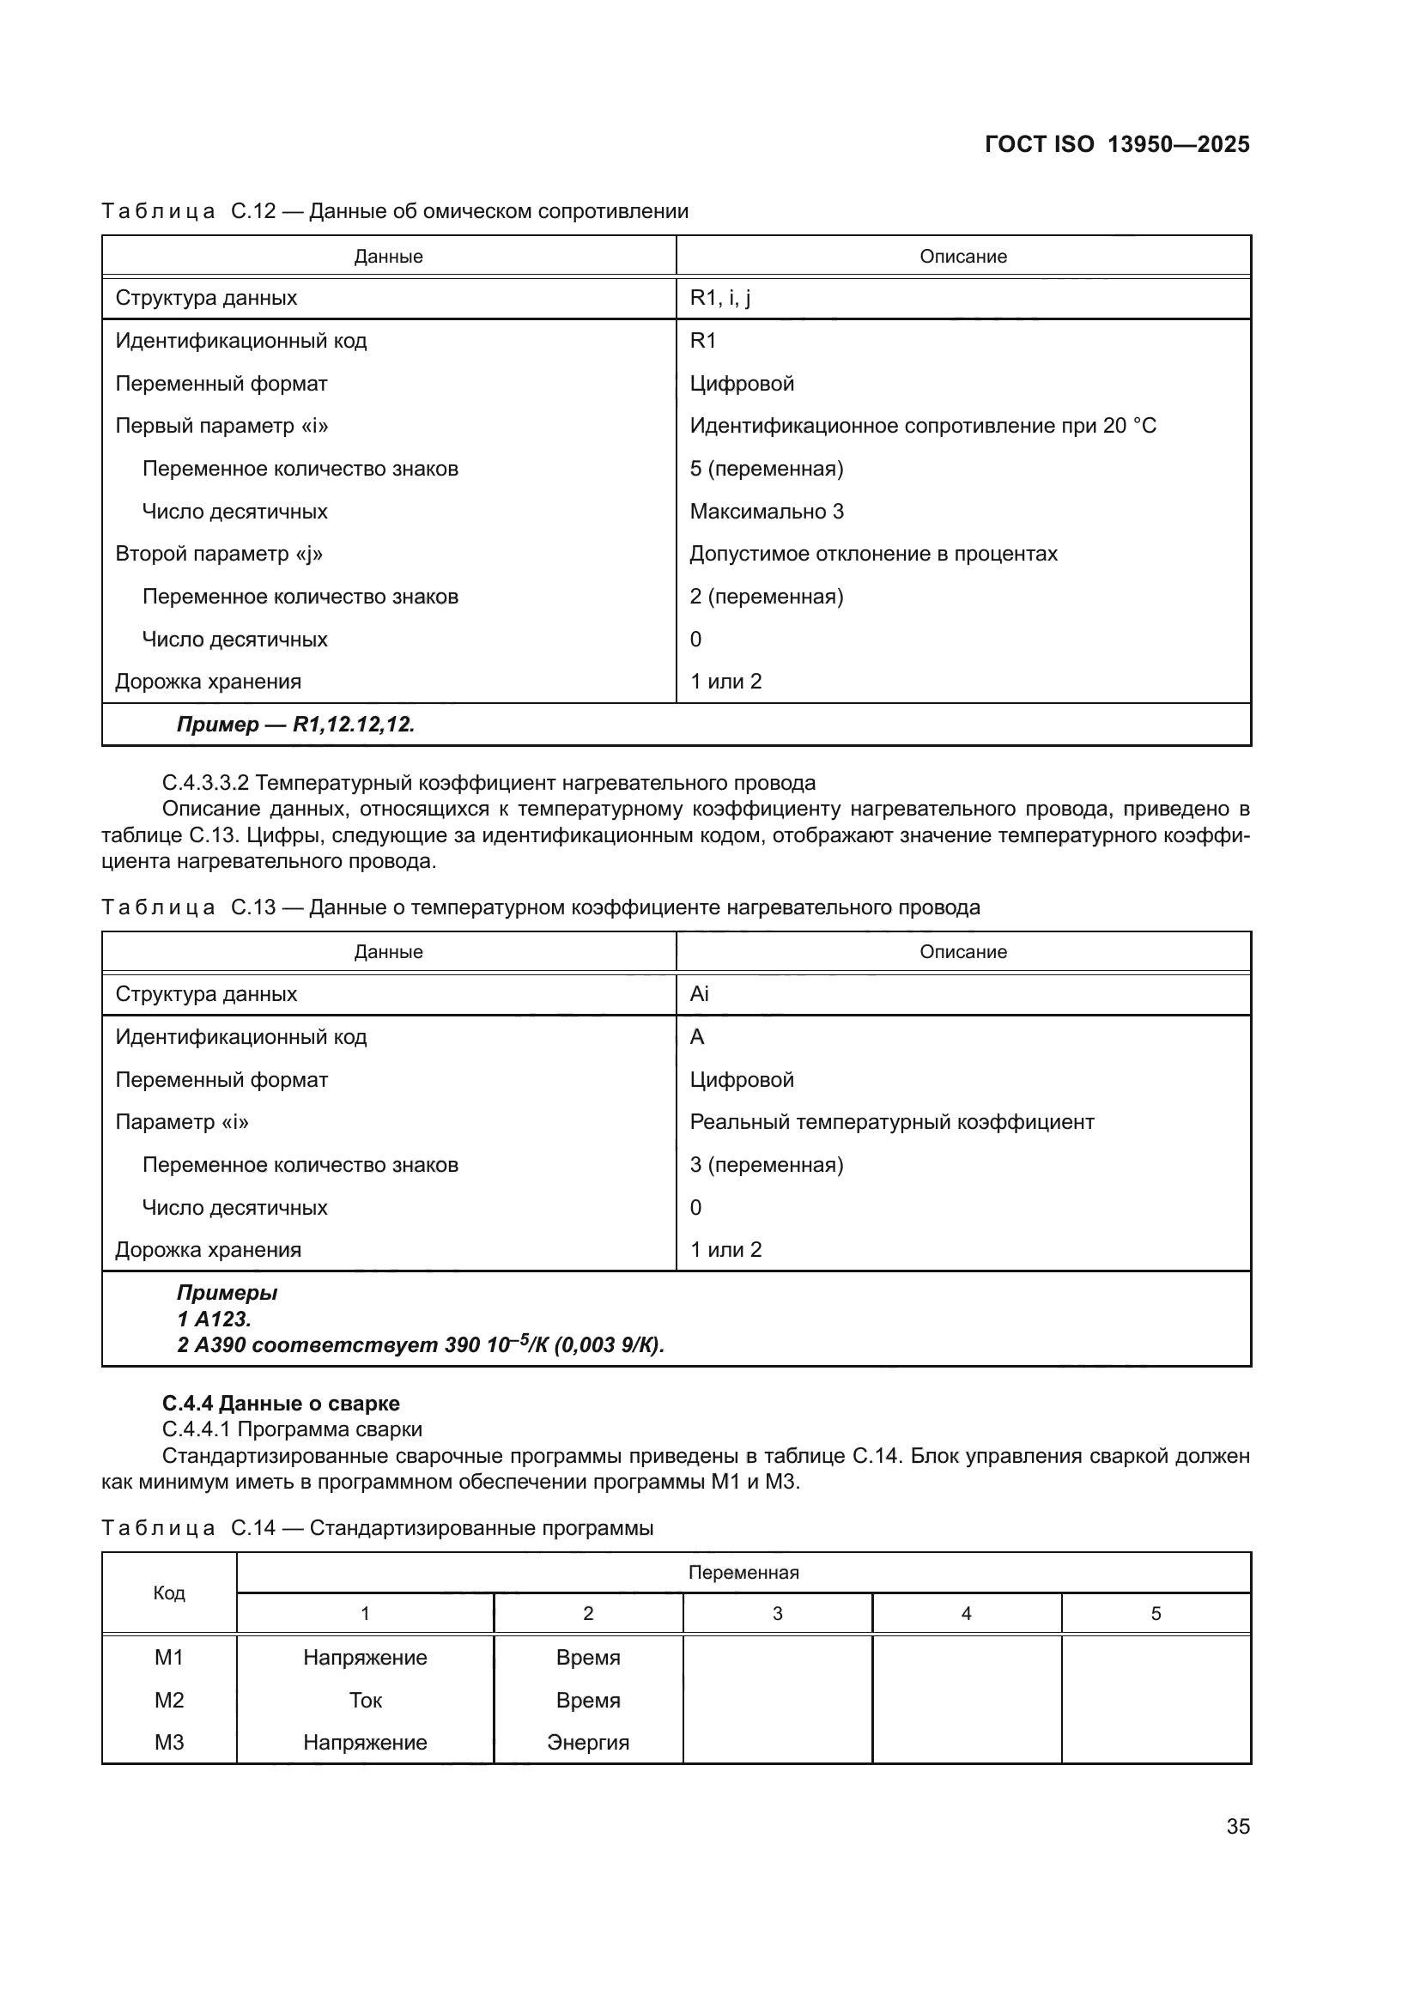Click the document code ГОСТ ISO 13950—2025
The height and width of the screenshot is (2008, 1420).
pyautogui.click(x=1117, y=144)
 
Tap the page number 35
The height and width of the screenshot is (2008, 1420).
pyautogui.click(x=1237, y=1826)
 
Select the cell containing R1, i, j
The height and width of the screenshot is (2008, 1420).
pyautogui.click(x=719, y=298)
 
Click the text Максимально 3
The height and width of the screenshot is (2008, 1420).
pyautogui.click(x=766, y=512)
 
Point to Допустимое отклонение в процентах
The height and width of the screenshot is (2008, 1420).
pyautogui.click(x=872, y=555)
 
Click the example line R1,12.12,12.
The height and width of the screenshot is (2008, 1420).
pyautogui.click(x=295, y=725)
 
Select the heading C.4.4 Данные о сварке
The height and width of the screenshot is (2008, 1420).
pyautogui.click(x=281, y=1404)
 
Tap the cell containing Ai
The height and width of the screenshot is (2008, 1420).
pyautogui.click(x=699, y=994)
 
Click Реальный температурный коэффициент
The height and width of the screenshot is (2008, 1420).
pyautogui.click(x=891, y=1122)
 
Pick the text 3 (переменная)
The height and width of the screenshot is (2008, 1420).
pyautogui.click(x=766, y=1165)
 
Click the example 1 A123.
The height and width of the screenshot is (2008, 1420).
pyautogui.click(x=214, y=1319)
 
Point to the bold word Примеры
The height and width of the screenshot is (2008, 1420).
pyautogui.click(x=227, y=1293)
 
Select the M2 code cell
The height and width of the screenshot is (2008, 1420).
pyautogui.click(x=169, y=1700)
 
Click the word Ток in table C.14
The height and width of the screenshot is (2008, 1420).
pyautogui.click(x=365, y=1700)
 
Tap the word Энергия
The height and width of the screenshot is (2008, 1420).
pyautogui.click(x=587, y=1742)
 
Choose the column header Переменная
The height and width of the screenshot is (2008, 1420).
pyautogui.click(x=743, y=1573)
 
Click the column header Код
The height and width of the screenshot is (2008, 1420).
pyautogui.click(x=169, y=1592)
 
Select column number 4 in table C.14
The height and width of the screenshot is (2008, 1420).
pyautogui.click(x=966, y=1614)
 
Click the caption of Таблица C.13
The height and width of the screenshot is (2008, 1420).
pyautogui.click(x=540, y=907)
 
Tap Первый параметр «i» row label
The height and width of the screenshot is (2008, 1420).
pyautogui.click(x=222, y=427)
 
